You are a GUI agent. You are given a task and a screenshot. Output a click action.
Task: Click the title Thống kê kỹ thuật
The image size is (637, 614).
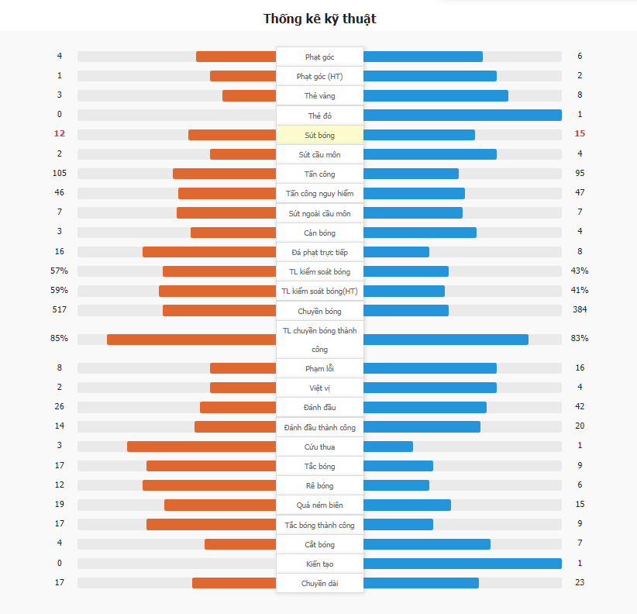pyautogui.click(x=319, y=18)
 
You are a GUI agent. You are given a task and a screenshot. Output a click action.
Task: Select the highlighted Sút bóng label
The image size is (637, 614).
pyautogui.click(x=319, y=135)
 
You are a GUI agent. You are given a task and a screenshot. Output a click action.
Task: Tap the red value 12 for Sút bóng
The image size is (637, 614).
pyautogui.click(x=60, y=134)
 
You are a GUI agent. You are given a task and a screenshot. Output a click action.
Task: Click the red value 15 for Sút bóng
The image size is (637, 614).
pyautogui.click(x=580, y=134)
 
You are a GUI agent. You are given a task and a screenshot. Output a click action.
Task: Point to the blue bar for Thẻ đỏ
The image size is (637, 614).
pyautogui.click(x=462, y=115)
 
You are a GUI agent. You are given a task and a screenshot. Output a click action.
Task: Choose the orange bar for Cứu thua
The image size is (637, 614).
pyautogui.click(x=201, y=447)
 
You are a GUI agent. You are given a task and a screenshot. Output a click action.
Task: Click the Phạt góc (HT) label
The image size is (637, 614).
pyautogui.click(x=319, y=76)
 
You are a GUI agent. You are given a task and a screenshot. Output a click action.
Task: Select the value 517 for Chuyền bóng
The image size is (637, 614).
pyautogui.click(x=60, y=310)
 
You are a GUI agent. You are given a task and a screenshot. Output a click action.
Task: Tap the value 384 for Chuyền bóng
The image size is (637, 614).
pyautogui.click(x=580, y=310)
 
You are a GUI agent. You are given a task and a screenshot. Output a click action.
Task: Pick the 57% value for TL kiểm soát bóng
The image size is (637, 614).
pyautogui.click(x=60, y=271)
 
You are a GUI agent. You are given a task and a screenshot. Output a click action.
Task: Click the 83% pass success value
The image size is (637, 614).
pyautogui.click(x=580, y=338)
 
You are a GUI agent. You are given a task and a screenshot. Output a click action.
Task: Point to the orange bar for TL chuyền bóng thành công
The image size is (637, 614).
pyautogui.click(x=191, y=340)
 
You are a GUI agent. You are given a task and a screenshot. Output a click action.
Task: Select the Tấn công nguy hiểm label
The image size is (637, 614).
pyautogui.click(x=319, y=193)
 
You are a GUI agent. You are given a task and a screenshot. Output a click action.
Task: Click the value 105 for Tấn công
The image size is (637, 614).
pyautogui.click(x=60, y=174)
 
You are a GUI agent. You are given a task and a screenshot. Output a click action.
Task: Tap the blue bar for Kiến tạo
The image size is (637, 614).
pyautogui.click(x=462, y=564)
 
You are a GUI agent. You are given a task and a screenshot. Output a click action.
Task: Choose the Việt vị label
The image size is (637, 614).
pyautogui.click(x=319, y=388)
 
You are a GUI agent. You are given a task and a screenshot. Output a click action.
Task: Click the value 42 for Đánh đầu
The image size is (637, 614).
pyautogui.click(x=580, y=407)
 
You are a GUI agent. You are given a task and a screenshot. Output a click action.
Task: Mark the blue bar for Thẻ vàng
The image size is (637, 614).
pyautogui.click(x=436, y=95)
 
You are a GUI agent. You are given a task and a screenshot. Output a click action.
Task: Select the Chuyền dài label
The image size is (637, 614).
pyautogui.click(x=319, y=583)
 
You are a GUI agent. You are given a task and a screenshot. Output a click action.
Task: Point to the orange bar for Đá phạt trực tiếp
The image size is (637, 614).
pyautogui.click(x=209, y=252)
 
